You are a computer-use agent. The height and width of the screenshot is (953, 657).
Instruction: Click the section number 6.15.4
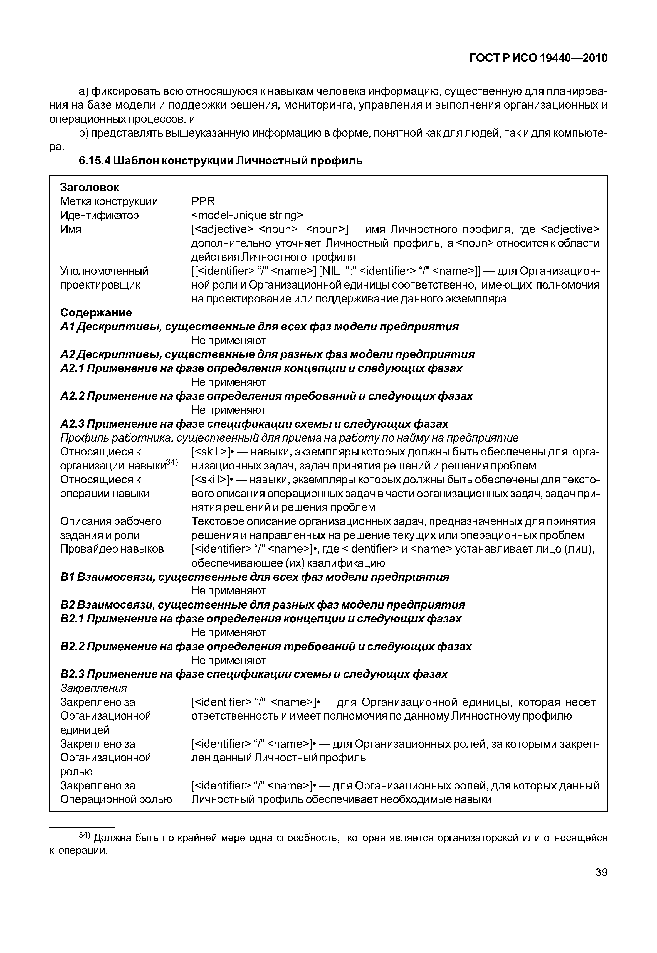[x=95, y=161]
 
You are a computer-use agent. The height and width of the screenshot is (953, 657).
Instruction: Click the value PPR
[x=203, y=201]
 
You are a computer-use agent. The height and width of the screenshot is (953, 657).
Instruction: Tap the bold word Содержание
[x=96, y=312]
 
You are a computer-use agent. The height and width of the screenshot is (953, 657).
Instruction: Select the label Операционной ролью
[x=116, y=799]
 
